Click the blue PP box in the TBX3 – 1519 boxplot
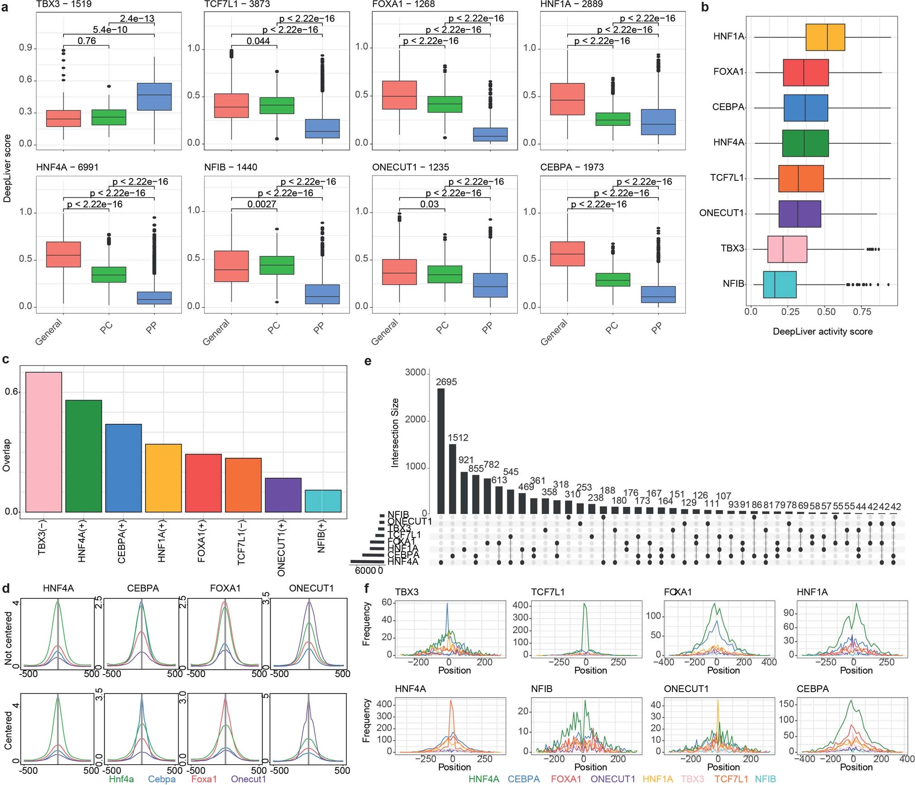point(154,96)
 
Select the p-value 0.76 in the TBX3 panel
point(86,41)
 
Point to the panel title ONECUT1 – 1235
point(410,167)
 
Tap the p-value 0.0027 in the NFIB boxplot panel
point(262,204)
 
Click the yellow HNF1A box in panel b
point(825,37)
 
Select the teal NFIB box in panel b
point(779,284)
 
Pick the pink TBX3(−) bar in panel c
point(43,442)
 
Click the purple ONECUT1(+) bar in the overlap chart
point(283,495)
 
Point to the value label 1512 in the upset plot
point(458,438)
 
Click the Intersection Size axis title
point(395,433)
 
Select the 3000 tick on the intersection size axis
point(415,372)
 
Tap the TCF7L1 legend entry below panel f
point(731,779)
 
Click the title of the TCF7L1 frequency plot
point(548,592)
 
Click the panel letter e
point(368,361)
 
